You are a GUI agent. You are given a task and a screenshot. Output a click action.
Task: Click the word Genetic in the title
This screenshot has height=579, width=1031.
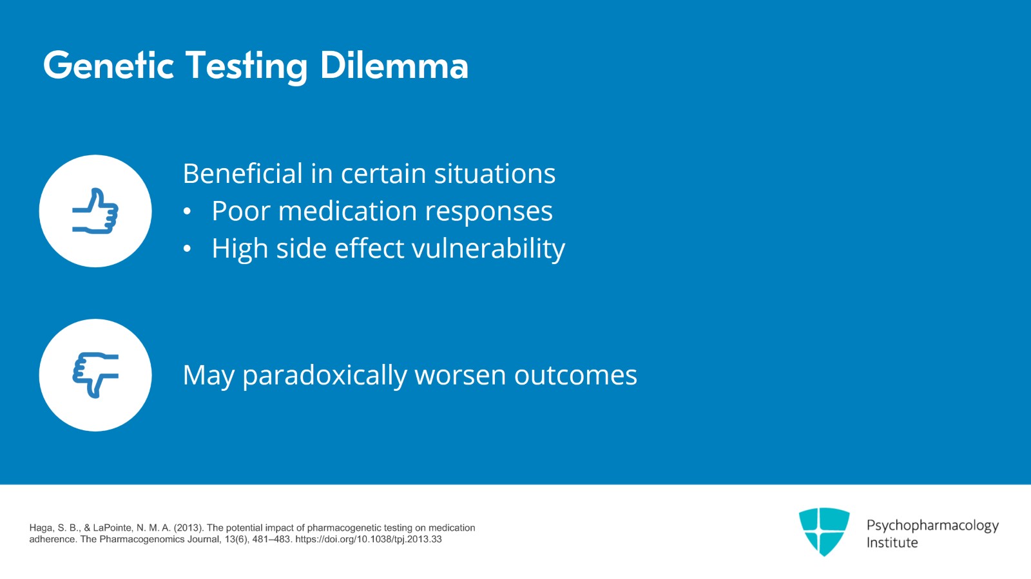click(x=108, y=66)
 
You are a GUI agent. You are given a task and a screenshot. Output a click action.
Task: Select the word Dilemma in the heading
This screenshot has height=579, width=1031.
click(x=394, y=66)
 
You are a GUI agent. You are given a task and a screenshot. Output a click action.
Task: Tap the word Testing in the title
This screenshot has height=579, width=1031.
click(x=247, y=66)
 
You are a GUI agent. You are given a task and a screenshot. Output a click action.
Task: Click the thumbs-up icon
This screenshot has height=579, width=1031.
click(x=95, y=211)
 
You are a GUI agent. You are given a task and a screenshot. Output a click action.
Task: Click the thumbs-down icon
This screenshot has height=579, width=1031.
click(x=95, y=375)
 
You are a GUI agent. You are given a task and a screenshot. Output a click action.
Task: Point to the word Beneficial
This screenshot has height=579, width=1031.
click(x=242, y=173)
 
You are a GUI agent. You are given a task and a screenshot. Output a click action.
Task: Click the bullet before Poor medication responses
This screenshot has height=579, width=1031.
click(x=187, y=211)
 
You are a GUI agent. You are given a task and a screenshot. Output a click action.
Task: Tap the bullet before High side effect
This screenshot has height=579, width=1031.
click(x=187, y=249)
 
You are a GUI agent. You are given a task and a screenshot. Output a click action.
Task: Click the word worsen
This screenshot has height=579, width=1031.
click(x=460, y=375)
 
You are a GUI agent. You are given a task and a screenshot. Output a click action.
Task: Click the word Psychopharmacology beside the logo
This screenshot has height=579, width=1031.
click(x=932, y=526)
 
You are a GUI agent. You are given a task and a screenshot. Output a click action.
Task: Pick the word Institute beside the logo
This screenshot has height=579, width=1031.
click(x=892, y=543)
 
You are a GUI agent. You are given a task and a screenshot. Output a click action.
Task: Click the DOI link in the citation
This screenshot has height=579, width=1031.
click(x=368, y=540)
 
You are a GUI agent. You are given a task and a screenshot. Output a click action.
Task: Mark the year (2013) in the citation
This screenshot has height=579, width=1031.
click(x=188, y=528)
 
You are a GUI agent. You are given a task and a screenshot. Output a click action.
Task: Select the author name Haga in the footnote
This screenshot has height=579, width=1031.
click(x=41, y=528)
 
